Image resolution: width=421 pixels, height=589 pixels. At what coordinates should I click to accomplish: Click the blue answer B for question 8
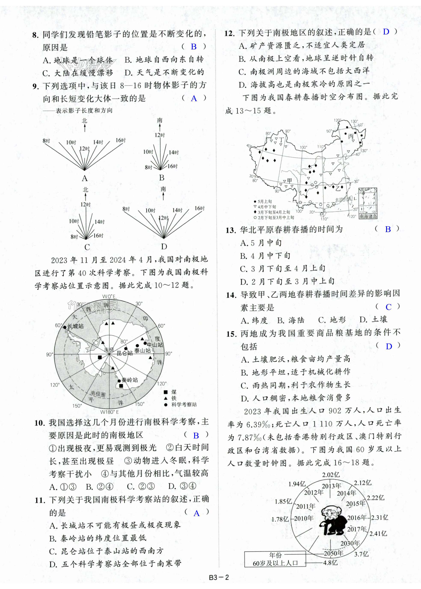tap(194, 47)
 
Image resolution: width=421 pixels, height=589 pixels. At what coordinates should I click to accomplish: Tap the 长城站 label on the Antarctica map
tap(76, 326)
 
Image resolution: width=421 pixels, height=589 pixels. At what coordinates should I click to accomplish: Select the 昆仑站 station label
tap(125, 353)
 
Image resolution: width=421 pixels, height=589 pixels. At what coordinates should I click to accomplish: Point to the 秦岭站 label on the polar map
tap(130, 380)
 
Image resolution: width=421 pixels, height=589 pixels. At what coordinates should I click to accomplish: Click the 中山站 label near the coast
tap(155, 345)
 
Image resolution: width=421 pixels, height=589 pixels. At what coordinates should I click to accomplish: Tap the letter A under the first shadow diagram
tap(84, 178)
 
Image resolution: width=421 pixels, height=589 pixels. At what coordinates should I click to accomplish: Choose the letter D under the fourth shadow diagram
tap(164, 246)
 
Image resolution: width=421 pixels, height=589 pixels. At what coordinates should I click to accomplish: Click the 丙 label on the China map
tap(351, 136)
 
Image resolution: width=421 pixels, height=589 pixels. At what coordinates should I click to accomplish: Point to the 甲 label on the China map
tap(289, 181)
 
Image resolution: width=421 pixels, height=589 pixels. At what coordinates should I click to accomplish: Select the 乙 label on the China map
tap(338, 188)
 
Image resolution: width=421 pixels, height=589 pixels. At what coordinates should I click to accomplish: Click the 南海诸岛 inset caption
tap(368, 216)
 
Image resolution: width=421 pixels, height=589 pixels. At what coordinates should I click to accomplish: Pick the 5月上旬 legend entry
tap(265, 201)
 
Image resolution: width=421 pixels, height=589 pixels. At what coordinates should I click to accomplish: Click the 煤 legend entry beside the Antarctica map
tap(174, 392)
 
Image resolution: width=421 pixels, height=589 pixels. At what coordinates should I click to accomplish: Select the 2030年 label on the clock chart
tap(350, 543)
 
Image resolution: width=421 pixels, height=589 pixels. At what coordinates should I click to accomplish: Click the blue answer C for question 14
tap(388, 307)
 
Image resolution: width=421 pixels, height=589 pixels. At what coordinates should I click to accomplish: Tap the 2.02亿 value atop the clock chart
tap(331, 475)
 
